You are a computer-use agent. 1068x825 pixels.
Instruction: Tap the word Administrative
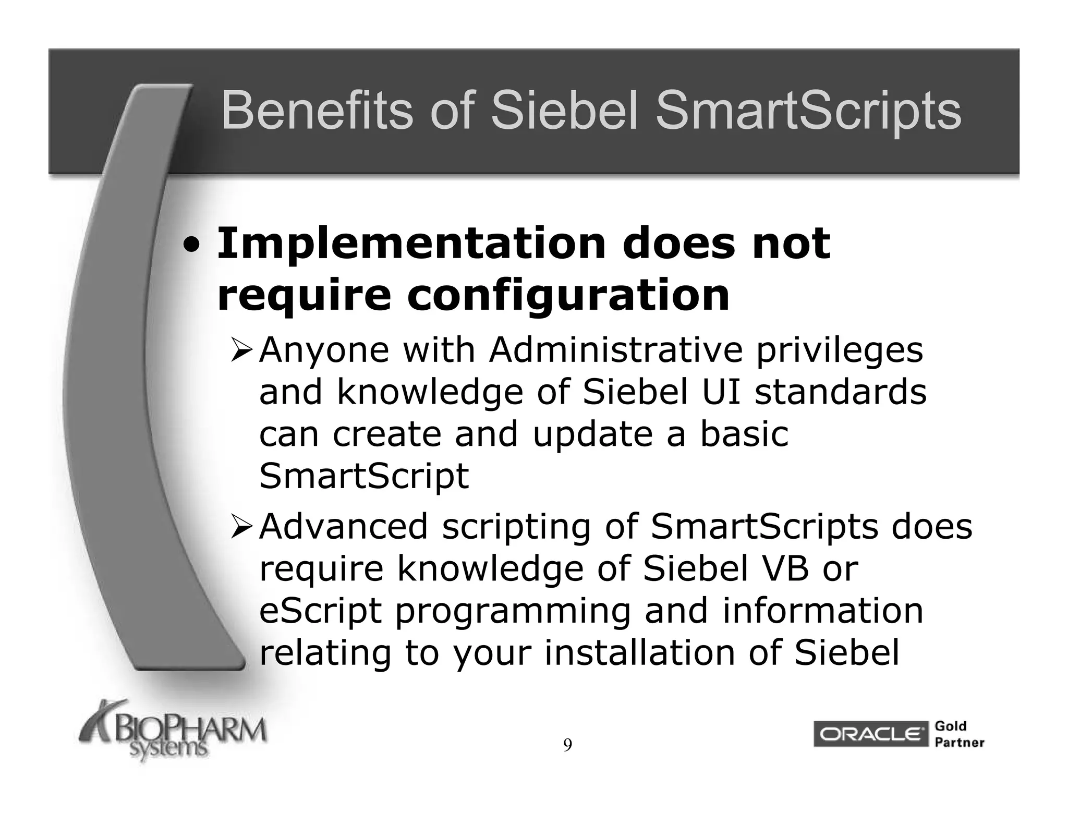coord(615,349)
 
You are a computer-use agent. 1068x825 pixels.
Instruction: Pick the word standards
coord(841,392)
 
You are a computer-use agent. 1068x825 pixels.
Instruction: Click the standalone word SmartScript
coord(363,477)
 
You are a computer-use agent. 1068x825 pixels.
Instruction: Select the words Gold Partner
coord(958,734)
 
